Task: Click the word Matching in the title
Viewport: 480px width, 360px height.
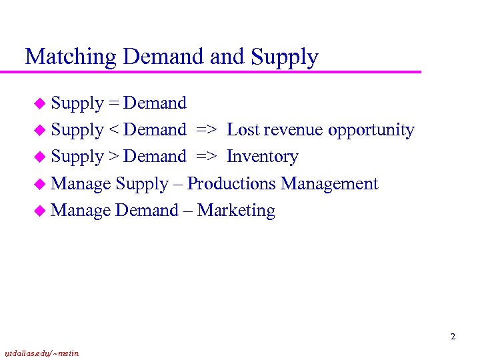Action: pyautogui.click(x=71, y=57)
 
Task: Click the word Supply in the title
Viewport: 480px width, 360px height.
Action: pyautogui.click(x=285, y=57)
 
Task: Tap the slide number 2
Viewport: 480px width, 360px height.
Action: pyautogui.click(x=453, y=337)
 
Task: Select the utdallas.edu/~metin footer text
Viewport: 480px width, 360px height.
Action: pyautogui.click(x=41, y=353)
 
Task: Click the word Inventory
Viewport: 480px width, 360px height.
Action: pyautogui.click(x=263, y=157)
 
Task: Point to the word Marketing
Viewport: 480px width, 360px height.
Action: pyautogui.click(x=236, y=210)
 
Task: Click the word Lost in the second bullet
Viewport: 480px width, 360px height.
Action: pyautogui.click(x=243, y=130)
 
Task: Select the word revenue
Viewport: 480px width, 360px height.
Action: pyautogui.click(x=294, y=130)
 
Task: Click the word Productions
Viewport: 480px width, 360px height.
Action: pyautogui.click(x=231, y=183)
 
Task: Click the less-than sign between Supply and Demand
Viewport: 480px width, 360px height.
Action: pyautogui.click(x=113, y=131)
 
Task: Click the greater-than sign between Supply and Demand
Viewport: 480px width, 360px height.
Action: pyautogui.click(x=113, y=157)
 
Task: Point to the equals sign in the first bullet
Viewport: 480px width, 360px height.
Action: pyautogui.click(x=113, y=104)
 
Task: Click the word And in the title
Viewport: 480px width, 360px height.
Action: pyautogui.click(x=227, y=57)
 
